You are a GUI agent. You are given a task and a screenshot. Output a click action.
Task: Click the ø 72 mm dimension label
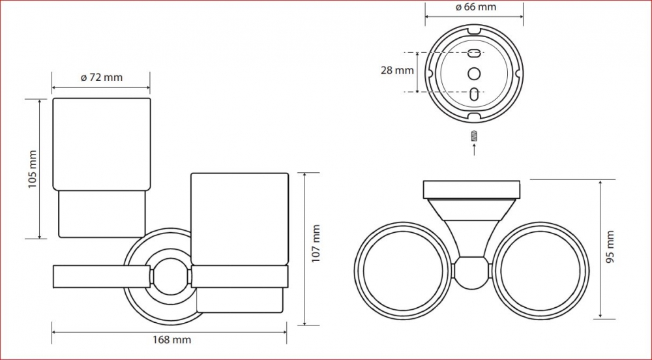coord(102,78)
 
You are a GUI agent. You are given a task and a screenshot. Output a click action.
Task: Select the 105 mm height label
coord(33,169)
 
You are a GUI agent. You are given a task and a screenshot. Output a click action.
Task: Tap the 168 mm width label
coord(171,340)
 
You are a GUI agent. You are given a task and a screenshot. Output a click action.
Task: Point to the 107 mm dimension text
coord(316,244)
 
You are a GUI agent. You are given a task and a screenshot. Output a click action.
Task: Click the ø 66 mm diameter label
coord(475,7)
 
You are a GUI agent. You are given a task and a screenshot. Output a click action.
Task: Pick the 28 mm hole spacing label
coord(397,70)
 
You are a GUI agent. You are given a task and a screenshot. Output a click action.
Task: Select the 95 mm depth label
coord(610,247)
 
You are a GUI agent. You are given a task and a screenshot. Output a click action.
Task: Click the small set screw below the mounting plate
coord(474,136)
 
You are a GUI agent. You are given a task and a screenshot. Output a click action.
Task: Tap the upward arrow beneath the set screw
coord(474,149)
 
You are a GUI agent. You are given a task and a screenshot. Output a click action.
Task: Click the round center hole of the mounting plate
coord(474,74)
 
